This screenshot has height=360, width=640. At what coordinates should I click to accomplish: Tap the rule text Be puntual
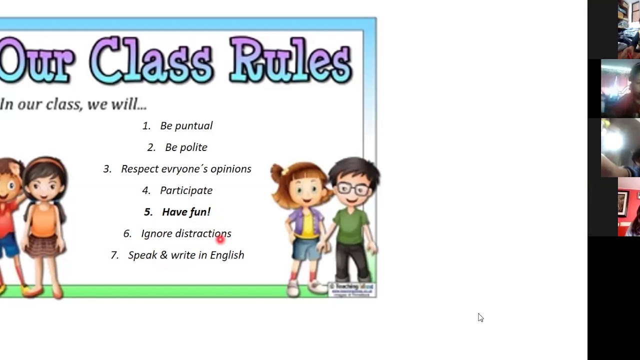point(186,126)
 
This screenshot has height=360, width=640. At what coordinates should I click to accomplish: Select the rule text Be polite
point(186,147)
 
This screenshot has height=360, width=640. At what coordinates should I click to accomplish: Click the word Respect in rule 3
point(140,169)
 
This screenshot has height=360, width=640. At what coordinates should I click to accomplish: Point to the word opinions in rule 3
point(230,169)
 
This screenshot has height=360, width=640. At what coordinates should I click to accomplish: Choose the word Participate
point(186,190)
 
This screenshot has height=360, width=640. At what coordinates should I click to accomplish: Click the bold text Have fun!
point(186,212)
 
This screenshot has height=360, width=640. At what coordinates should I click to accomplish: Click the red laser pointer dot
point(220,239)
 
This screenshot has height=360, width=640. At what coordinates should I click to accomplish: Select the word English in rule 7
point(227,255)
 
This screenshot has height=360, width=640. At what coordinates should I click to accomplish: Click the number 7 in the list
point(114,255)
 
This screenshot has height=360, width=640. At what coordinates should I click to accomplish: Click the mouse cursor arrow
point(480,317)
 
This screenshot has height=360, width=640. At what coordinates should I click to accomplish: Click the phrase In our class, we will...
point(73,104)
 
